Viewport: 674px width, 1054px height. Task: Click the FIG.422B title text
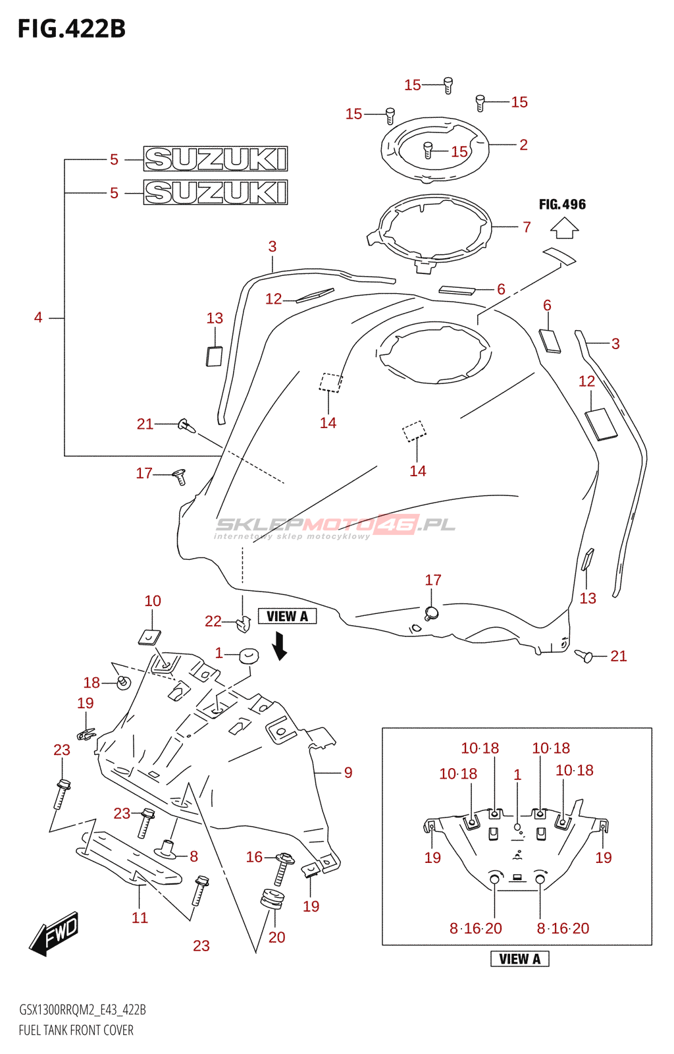point(72,29)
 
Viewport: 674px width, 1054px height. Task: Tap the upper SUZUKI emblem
point(215,159)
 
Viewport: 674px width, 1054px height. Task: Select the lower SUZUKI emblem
point(215,192)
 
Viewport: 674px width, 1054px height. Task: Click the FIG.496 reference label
point(562,204)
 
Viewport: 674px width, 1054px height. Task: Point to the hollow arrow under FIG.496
point(565,228)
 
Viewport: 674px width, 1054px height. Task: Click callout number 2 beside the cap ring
point(523,144)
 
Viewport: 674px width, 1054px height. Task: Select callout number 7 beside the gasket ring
point(527,227)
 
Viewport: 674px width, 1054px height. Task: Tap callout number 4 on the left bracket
point(38,318)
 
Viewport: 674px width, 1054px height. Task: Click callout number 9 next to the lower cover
point(348,773)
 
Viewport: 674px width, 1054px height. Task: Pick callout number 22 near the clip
point(213,622)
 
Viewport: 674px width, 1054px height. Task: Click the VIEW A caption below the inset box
point(519,959)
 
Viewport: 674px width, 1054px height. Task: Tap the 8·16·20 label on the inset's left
point(476,928)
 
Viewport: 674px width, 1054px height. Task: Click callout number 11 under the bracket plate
point(140,918)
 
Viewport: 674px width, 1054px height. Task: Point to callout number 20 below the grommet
point(277,937)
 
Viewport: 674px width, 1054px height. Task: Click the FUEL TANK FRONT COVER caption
point(76,1030)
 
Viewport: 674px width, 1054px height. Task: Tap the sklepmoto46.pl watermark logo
point(334,527)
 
